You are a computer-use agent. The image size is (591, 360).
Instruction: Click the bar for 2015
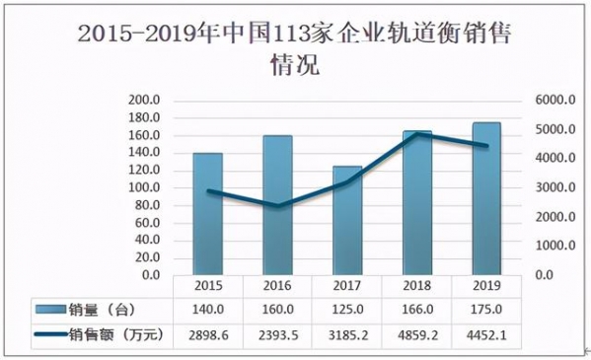click(x=207, y=214)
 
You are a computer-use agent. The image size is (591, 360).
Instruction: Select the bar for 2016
click(x=277, y=205)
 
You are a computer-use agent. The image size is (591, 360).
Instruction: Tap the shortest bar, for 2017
click(x=346, y=220)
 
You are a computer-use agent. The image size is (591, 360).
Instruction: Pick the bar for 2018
click(x=416, y=202)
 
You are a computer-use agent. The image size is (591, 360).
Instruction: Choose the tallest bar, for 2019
click(x=485, y=198)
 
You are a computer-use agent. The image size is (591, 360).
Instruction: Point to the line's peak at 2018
click(x=416, y=133)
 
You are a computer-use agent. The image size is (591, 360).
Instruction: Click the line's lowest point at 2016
click(x=277, y=205)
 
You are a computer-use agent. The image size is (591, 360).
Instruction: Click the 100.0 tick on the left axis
click(x=144, y=187)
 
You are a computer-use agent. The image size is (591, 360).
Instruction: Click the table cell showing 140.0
click(x=207, y=310)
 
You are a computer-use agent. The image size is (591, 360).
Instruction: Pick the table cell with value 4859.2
click(x=416, y=335)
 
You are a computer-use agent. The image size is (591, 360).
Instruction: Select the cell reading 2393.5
click(x=277, y=335)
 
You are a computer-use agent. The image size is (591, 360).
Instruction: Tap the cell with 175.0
click(x=485, y=310)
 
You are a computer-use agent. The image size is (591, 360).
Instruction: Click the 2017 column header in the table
click(x=346, y=285)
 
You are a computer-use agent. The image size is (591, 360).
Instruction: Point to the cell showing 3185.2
click(x=346, y=335)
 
